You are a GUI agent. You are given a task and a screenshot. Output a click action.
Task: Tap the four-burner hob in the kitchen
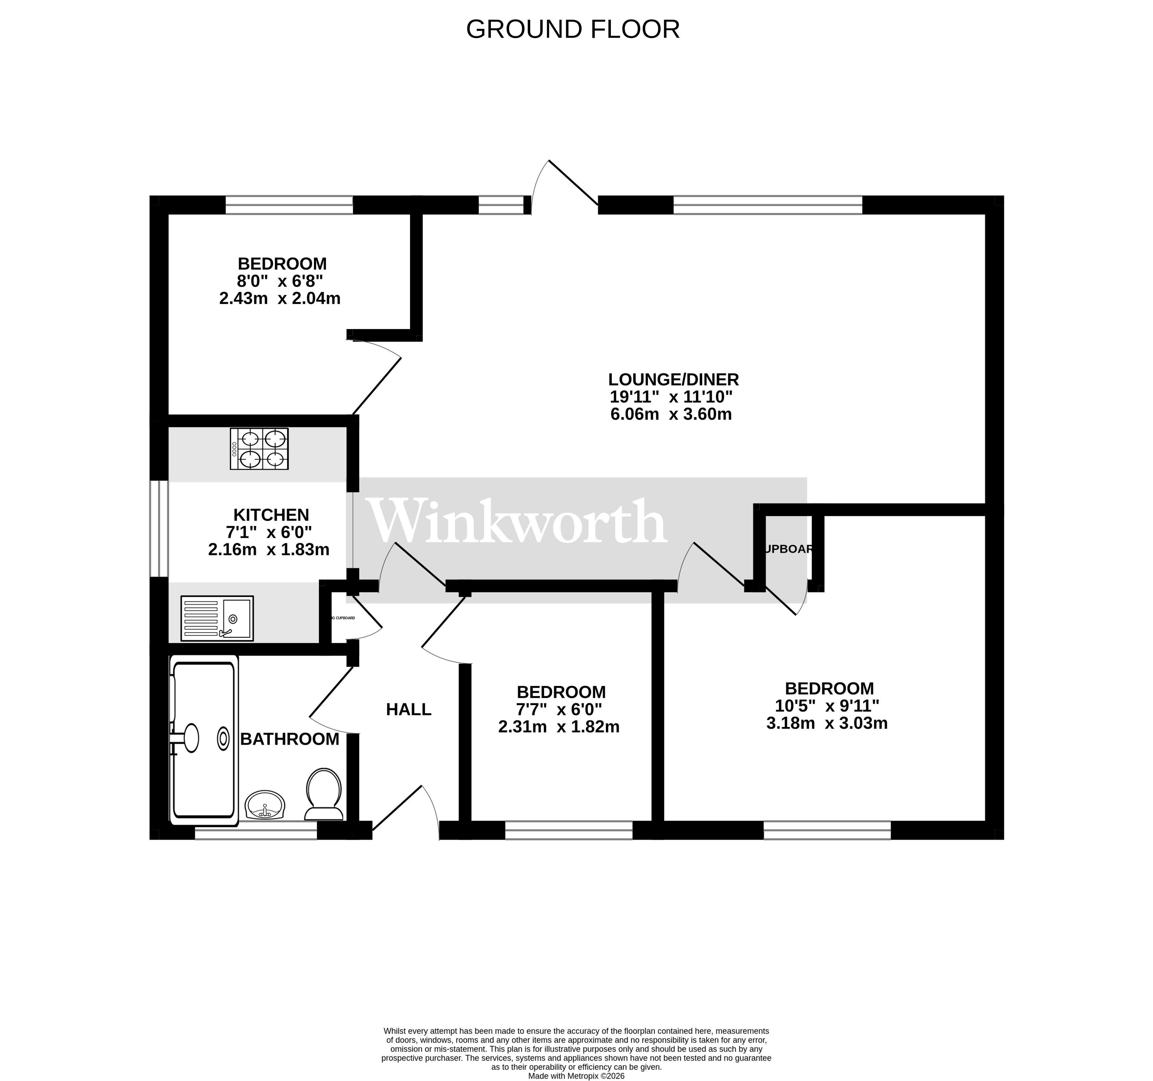pos(259,449)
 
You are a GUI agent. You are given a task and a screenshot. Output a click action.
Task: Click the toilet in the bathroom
pos(324,794)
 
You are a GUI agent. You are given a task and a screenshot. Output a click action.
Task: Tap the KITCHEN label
pos(271,514)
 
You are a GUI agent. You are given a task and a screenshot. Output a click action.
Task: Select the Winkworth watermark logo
pos(518,522)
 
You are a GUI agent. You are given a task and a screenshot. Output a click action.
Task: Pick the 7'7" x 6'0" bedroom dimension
pos(559,709)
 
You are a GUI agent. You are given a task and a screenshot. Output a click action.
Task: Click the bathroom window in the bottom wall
pos(256,834)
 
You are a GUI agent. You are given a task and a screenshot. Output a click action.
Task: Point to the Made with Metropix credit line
pos(576,1076)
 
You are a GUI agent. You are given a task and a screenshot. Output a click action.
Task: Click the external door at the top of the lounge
pos(565,186)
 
